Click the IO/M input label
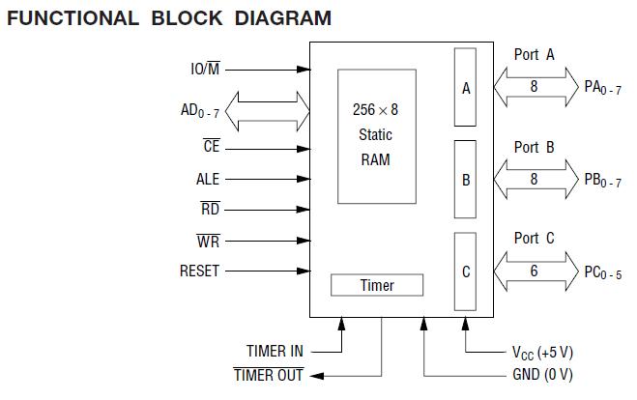point(204,70)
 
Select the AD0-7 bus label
point(200,111)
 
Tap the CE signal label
point(212,147)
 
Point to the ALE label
point(208,179)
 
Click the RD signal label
point(210,209)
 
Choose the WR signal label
point(209,241)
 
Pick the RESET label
point(200,271)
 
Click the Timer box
point(377,285)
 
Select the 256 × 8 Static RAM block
point(376,134)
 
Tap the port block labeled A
point(466,88)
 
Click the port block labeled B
point(466,181)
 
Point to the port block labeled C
point(466,272)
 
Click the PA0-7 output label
point(602,88)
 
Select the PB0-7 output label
point(602,181)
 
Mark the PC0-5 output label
point(602,273)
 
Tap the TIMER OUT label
point(269,375)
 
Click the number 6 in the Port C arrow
point(534,272)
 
